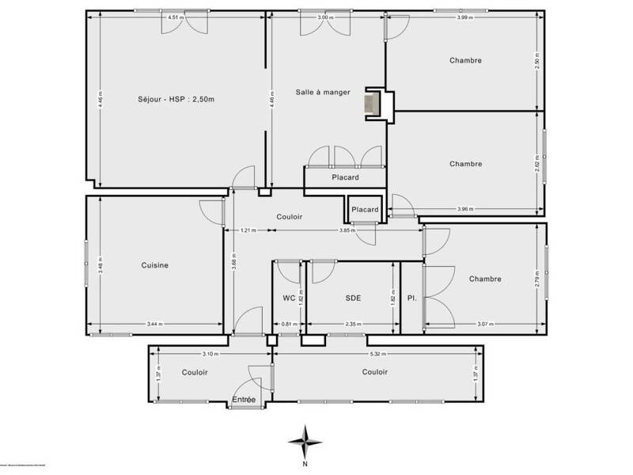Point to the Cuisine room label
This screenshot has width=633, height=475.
(x=155, y=266)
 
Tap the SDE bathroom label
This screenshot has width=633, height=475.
(x=353, y=298)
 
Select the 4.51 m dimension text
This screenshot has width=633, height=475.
(x=176, y=17)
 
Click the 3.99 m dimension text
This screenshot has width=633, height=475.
(x=465, y=17)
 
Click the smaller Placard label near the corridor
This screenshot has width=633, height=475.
(x=365, y=210)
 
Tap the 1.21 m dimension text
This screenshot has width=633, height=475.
(x=248, y=230)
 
